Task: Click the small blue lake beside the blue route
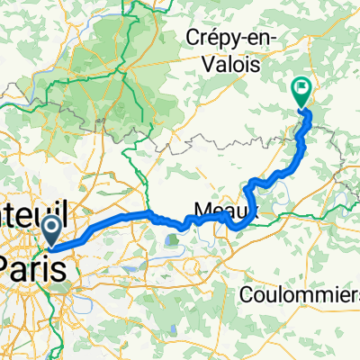pyautogui.click(x=173, y=238)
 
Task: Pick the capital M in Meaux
pyautogui.click(x=193, y=210)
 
